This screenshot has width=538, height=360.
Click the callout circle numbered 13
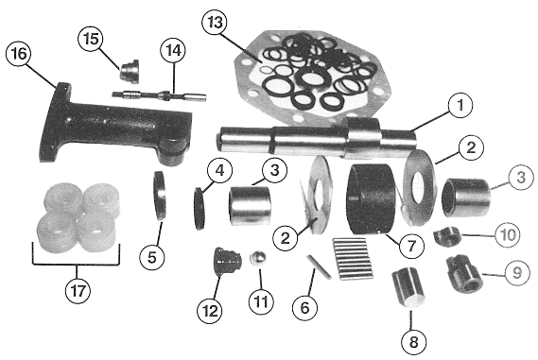coord(216,23)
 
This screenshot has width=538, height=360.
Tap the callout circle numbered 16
coord(19,54)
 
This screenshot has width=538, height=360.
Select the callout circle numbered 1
coord(460,105)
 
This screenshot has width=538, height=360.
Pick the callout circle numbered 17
coord(78,291)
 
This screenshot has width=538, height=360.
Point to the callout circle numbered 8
coord(414,342)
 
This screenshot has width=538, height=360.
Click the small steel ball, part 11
coord(258,258)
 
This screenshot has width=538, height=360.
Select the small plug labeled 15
coord(130,71)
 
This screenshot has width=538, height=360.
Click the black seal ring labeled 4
coord(200,208)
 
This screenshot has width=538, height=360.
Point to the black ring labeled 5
coord(159,196)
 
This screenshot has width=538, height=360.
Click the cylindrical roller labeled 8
coord(408,286)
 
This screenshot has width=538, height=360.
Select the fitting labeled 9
coord(464,274)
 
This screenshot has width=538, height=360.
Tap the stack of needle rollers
coord(353,259)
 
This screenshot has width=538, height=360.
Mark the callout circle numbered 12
coord(210,311)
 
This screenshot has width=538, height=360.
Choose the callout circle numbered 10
coord(508,235)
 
